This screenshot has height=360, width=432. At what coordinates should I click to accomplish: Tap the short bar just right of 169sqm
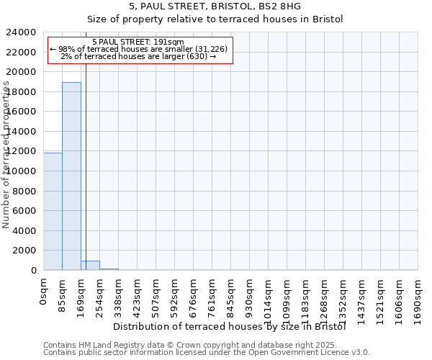point(90,265)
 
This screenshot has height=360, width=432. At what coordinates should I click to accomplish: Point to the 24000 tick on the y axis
point(22,32)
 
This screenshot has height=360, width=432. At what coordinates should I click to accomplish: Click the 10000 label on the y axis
point(22,171)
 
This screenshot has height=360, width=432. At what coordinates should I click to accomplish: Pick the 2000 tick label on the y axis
point(25,251)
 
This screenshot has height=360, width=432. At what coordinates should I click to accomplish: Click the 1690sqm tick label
point(418,298)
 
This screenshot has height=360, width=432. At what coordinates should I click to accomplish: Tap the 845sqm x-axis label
point(231,294)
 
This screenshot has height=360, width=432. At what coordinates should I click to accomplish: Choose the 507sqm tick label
point(156,294)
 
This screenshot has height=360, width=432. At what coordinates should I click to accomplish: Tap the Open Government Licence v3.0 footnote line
point(207,353)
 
